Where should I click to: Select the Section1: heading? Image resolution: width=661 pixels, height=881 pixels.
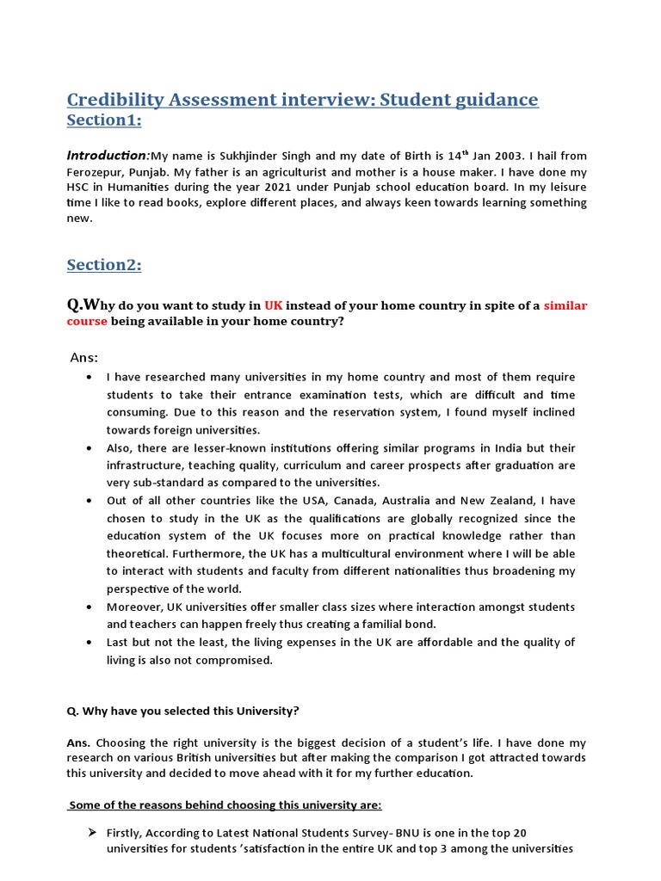pos(104,120)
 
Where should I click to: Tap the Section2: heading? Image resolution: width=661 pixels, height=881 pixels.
pos(104,265)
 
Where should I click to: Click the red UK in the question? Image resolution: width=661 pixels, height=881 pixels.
pos(273,306)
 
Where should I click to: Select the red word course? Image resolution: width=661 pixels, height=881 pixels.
pos(87,322)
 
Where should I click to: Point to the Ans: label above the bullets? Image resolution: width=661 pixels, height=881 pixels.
pos(84,357)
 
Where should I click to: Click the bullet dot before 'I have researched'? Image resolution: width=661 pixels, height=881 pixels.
pos(90,378)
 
